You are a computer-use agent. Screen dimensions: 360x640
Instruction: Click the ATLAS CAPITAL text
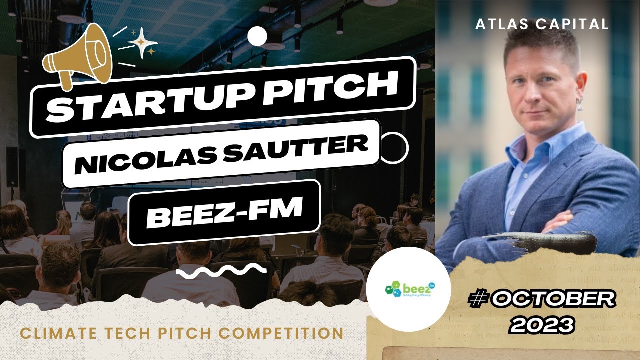(x=542, y=24)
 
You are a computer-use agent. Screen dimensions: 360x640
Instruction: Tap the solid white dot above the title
(x=257, y=36)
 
